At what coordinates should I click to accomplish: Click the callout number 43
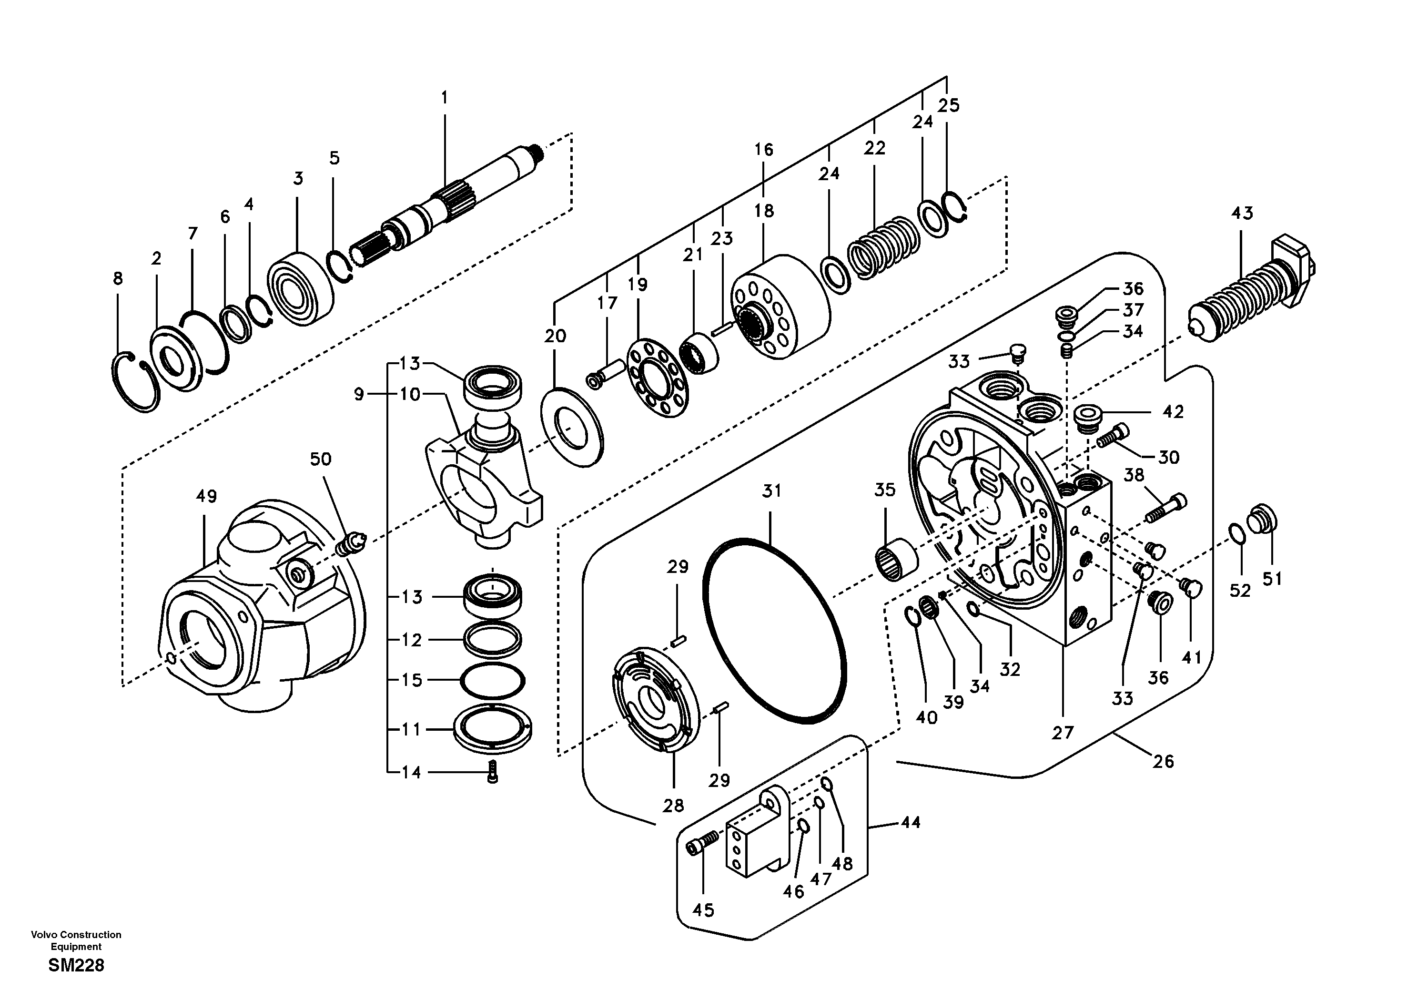[x=1242, y=214]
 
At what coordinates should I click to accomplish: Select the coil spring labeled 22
[x=882, y=247]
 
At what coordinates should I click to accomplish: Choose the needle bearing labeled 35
[x=897, y=559]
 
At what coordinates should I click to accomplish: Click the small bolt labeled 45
[x=701, y=842]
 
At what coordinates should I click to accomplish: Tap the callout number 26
[x=1163, y=761]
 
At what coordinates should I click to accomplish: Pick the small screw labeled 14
[x=492, y=772]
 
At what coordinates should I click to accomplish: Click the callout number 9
[x=359, y=394]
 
